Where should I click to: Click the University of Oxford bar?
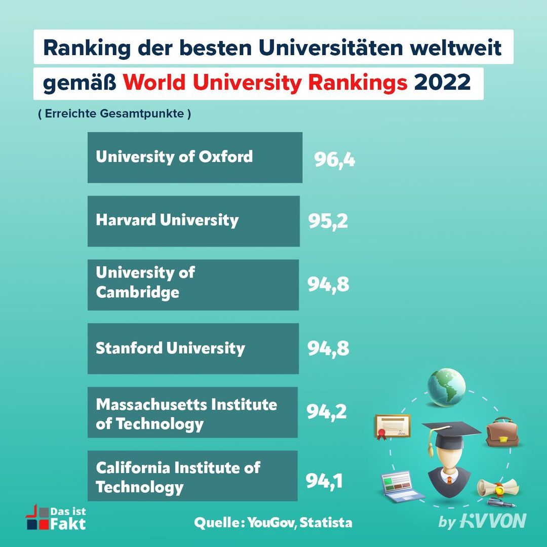click(x=194, y=158)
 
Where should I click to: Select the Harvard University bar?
click(x=193, y=221)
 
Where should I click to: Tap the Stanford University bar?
click(x=193, y=348)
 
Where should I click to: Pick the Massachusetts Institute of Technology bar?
click(x=192, y=412)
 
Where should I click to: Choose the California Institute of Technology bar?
click(x=192, y=476)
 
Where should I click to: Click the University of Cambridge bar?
click(x=193, y=285)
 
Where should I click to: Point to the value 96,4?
click(x=334, y=160)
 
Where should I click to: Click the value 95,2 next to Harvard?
click(x=328, y=221)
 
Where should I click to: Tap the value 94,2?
click(x=327, y=412)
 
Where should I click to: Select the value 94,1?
click(x=324, y=481)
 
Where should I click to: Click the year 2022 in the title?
click(x=442, y=83)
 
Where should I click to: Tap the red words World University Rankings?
click(x=265, y=83)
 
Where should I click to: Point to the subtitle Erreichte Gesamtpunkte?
click(x=114, y=114)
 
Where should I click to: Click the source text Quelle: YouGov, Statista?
click(x=273, y=522)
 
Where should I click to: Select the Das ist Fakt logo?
click(x=56, y=517)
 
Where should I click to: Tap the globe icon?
click(x=446, y=387)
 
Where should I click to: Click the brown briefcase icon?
click(x=500, y=433)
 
